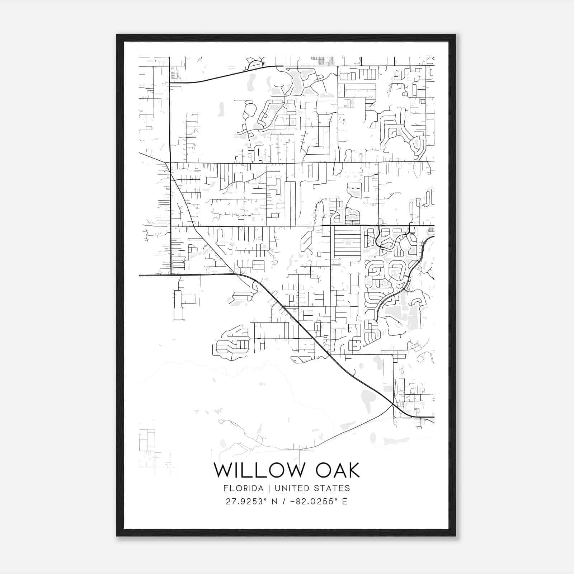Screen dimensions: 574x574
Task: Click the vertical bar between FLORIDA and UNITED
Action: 267,488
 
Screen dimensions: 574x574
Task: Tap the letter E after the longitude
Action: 345,502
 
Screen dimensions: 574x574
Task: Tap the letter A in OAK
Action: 336,470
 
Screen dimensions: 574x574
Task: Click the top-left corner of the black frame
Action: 117,35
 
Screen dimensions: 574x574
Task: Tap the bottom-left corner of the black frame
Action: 117,536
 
